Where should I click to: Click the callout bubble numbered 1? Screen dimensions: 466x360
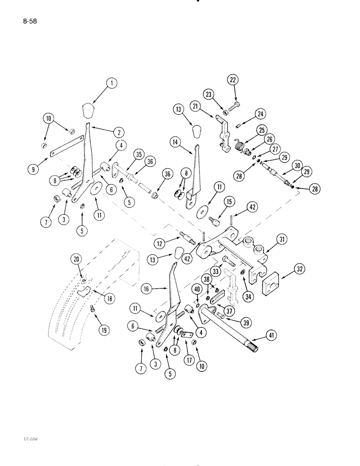111,84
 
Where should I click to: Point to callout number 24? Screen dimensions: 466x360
259,113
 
